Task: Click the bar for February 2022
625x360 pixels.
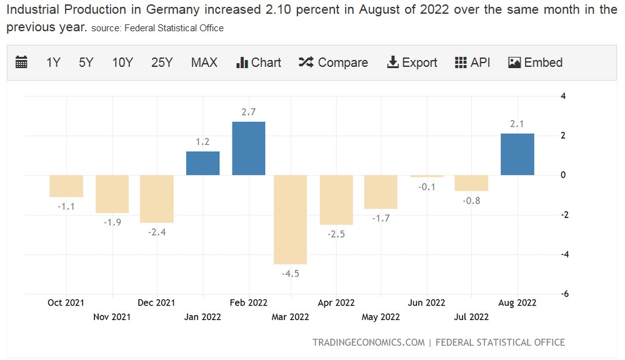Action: [x=248, y=148]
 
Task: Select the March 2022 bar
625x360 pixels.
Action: [x=291, y=219]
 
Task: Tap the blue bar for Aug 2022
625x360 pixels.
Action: [x=517, y=154]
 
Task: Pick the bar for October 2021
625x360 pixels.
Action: [x=66, y=186]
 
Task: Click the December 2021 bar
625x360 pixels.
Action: [x=157, y=199]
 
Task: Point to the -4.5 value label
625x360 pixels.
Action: [x=291, y=274]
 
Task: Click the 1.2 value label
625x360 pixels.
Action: [x=202, y=142]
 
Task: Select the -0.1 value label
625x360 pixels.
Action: [x=426, y=187]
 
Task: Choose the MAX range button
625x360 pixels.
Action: [x=204, y=62]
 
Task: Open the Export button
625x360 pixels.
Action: [x=412, y=62]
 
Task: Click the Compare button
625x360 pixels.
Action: [x=333, y=62]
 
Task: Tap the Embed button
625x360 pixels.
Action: [x=536, y=62]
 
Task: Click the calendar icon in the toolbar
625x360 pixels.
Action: [x=21, y=62]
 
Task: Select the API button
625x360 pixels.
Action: [x=472, y=62]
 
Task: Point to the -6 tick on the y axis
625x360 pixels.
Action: [x=563, y=294]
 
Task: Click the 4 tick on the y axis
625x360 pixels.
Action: [x=563, y=96]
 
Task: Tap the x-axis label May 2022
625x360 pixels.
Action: [x=381, y=317]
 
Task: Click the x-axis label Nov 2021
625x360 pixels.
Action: [x=112, y=317]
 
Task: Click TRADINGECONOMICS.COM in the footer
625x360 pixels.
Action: [x=368, y=342]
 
